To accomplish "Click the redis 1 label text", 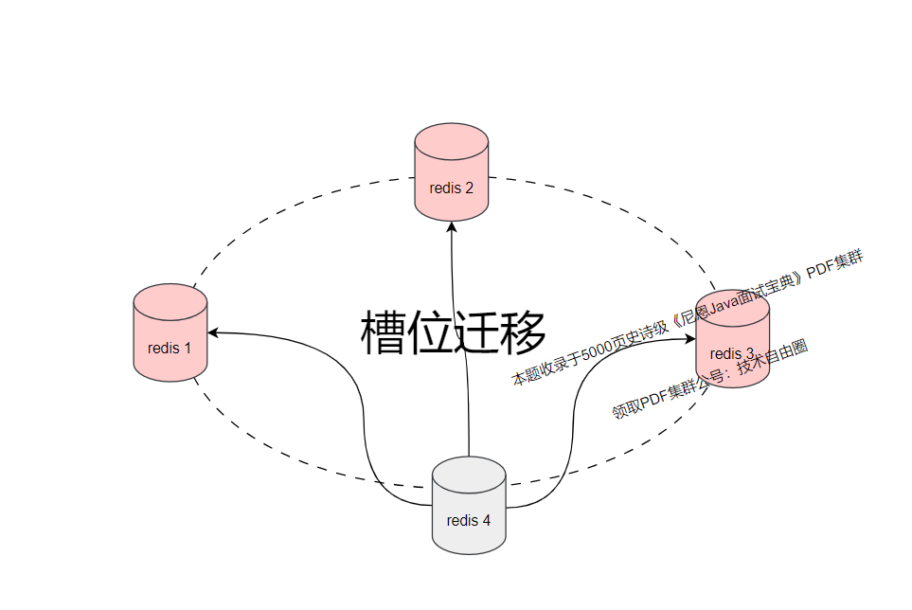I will (x=170, y=348).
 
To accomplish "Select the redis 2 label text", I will (x=451, y=188).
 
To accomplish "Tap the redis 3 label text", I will (x=732, y=353).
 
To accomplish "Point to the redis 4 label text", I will (x=469, y=520).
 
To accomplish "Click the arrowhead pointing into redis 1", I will (x=213, y=332).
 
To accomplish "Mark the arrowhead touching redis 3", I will (x=690, y=337).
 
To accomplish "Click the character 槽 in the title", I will (x=383, y=332).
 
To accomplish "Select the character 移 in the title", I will (x=524, y=332).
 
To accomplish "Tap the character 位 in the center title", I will (x=430, y=332).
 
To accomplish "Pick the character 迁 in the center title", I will (x=477, y=332).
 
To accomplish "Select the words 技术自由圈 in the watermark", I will (x=771, y=360).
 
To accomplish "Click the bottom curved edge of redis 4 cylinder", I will (x=469, y=553).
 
